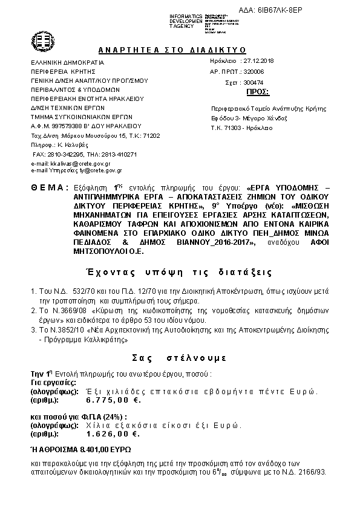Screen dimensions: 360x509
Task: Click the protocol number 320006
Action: click(x=255, y=71)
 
